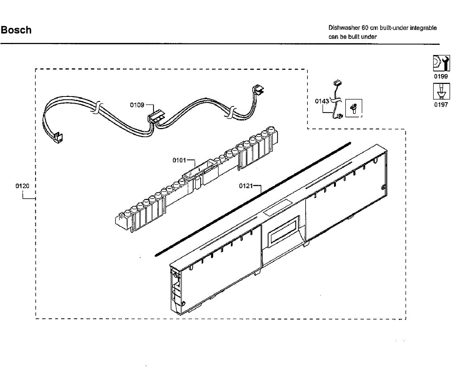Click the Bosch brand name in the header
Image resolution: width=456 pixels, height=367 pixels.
pyautogui.click(x=16, y=30)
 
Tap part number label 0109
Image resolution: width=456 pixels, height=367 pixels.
pyautogui.click(x=136, y=105)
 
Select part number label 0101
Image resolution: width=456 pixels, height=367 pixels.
pyautogui.click(x=179, y=160)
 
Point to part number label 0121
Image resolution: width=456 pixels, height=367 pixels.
pyautogui.click(x=245, y=186)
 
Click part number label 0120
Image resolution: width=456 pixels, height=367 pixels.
pyautogui.click(x=22, y=186)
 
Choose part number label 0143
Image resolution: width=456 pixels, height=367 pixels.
pyautogui.click(x=322, y=101)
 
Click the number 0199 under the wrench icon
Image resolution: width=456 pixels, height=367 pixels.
pyautogui.click(x=441, y=76)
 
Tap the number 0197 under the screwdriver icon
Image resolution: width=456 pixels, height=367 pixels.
pyautogui.click(x=441, y=105)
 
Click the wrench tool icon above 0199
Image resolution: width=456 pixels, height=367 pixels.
pyautogui.click(x=441, y=63)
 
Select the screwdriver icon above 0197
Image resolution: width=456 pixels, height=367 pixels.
pyautogui.click(x=441, y=92)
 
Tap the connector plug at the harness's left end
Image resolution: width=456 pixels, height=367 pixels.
pyautogui.click(x=58, y=138)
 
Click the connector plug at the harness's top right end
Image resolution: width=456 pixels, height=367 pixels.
pyautogui.click(x=258, y=90)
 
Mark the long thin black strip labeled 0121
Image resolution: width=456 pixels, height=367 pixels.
pyautogui.click(x=253, y=199)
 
